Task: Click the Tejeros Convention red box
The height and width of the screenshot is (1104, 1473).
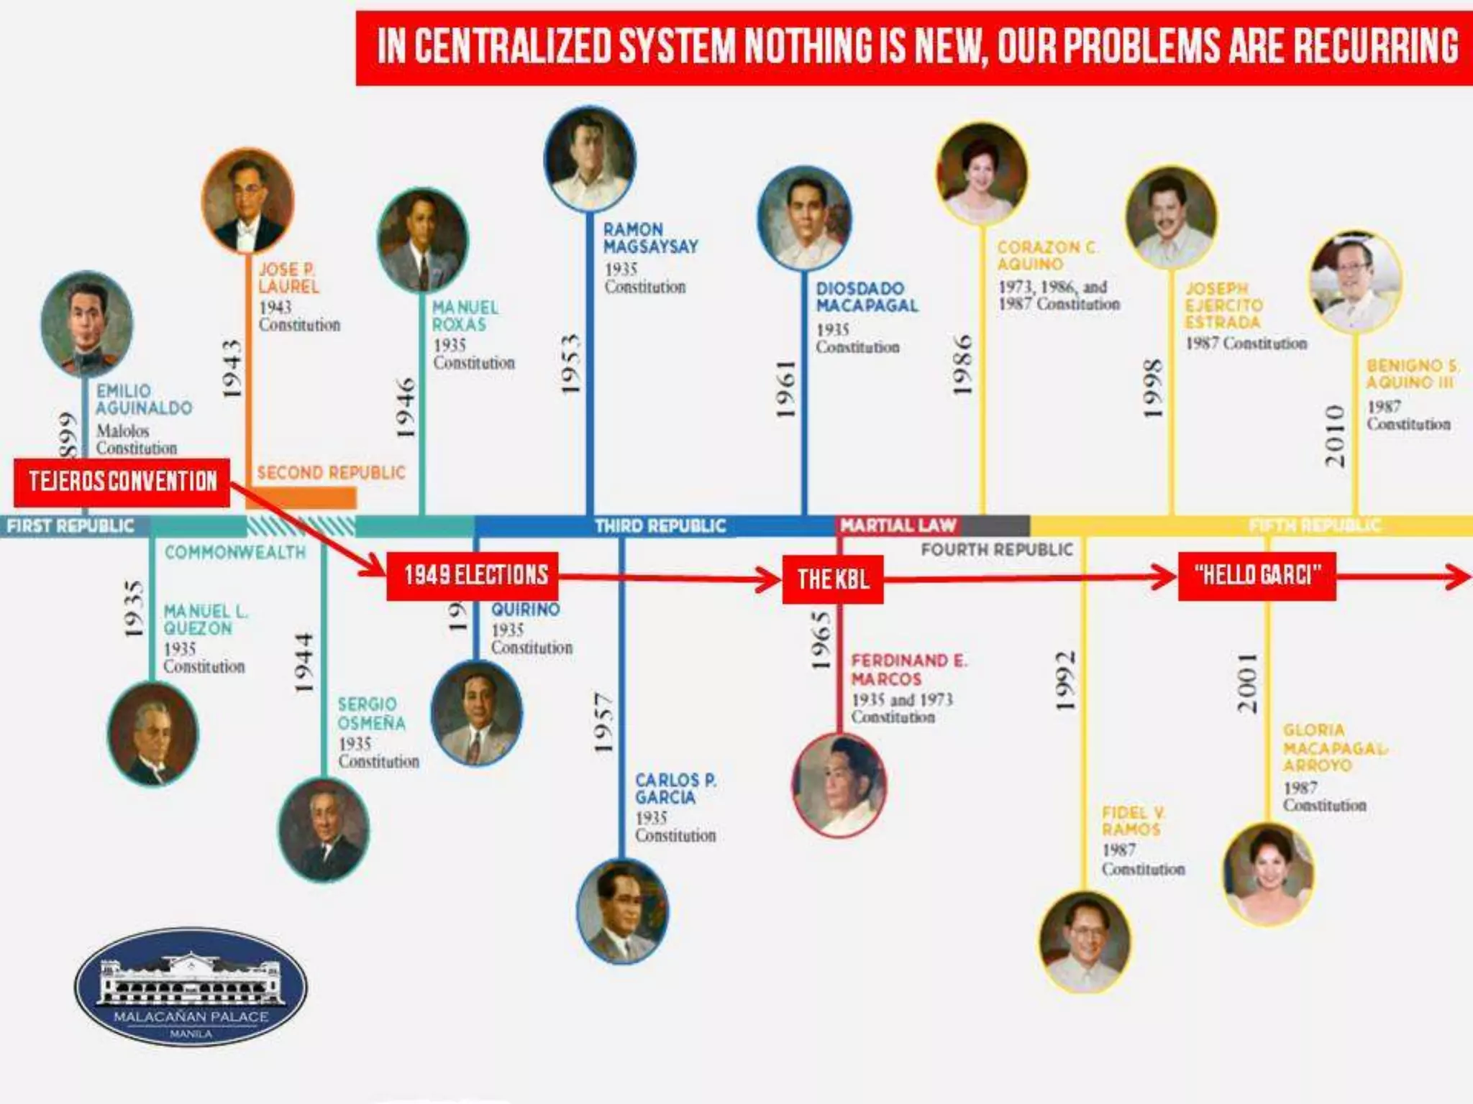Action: coord(122,482)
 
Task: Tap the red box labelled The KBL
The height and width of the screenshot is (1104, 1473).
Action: coord(833,579)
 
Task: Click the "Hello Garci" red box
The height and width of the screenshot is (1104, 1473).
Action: coord(1257,575)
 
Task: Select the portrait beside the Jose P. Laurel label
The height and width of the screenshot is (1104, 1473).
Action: coord(248,201)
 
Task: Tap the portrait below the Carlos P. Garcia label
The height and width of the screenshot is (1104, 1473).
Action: coord(622,911)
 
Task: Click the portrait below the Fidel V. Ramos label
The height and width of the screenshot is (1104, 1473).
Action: coord(1084,942)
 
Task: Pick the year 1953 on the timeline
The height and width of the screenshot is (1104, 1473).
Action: coord(570,363)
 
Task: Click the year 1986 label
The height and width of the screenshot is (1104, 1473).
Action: coord(962,363)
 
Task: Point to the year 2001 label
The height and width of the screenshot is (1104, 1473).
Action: coord(1247,683)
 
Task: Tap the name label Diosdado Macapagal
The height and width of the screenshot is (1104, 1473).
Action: coord(867,297)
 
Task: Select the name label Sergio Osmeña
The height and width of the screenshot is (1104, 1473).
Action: coord(371,714)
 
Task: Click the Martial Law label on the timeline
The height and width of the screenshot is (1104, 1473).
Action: coord(898,525)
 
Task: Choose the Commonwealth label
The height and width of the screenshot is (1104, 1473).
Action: coord(235,552)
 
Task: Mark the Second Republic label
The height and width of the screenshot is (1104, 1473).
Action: coord(331,473)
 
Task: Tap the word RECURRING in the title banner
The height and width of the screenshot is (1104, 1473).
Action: coord(1375,46)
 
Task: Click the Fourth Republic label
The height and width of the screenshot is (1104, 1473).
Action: coord(997,550)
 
